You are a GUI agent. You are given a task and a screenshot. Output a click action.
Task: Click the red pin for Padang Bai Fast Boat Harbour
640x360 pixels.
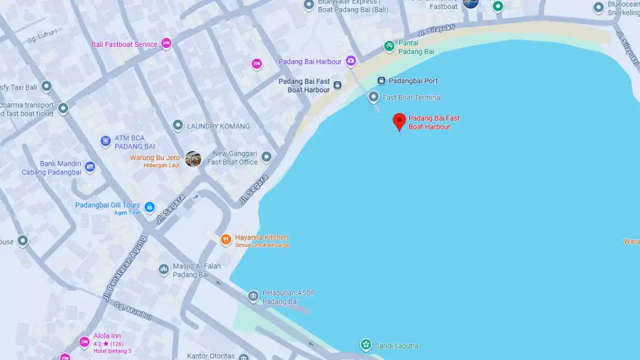point(399,121)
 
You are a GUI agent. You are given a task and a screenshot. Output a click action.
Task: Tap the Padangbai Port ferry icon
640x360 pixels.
point(381,81)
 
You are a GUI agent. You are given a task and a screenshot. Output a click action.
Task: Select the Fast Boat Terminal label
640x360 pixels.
point(412,98)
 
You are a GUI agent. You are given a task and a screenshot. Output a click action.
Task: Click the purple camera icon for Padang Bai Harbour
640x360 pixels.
point(350,61)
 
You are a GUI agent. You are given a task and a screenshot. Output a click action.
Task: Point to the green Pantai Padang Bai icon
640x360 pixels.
point(389,47)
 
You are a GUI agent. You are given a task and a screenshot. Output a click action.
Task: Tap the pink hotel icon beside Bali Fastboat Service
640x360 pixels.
point(166,44)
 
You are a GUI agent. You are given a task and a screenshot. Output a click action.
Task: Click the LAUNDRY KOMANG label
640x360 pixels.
point(218,126)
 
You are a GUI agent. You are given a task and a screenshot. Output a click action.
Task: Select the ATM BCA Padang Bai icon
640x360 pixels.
point(106,141)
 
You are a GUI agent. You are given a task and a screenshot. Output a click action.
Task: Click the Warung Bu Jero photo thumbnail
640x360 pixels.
point(193,159)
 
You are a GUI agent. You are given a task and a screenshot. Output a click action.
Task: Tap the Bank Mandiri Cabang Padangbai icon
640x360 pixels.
point(90,167)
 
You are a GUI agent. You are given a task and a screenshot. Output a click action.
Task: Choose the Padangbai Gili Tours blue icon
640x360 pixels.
point(150,207)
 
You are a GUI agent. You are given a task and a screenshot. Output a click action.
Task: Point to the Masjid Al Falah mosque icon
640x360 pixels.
point(164,270)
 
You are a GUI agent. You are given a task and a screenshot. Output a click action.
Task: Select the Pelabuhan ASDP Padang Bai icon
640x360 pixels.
point(253,296)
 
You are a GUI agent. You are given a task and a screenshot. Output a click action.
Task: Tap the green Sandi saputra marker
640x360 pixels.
point(365,345)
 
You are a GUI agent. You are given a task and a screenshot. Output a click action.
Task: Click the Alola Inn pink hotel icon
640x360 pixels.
point(84,342)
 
